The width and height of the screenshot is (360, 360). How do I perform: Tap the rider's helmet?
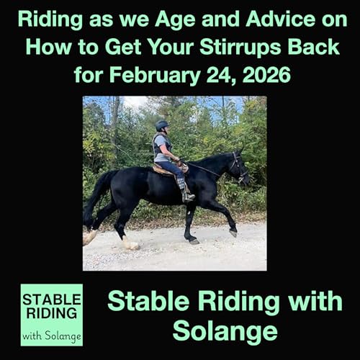pos(162,125)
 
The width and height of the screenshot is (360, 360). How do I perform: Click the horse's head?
pos(238,166)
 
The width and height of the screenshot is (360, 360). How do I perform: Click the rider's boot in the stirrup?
pos(186,195)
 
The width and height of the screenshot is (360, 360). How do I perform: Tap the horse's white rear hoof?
pos(130,243)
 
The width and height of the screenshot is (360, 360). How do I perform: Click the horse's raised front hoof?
pos(233,232)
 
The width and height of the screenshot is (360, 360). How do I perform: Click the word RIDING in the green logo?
pos(51,314)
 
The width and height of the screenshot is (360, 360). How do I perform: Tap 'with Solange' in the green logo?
pos(51,334)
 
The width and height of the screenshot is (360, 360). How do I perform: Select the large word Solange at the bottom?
pos(225,331)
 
